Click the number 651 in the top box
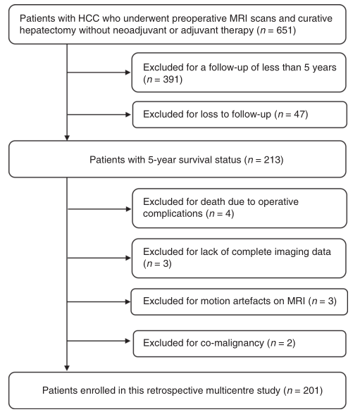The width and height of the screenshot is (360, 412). coord(284,30)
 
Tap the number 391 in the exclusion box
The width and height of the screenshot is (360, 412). coord(170,80)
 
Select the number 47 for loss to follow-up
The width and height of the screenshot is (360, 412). coord(299,114)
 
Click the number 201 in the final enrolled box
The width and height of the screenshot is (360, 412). coord(311,390)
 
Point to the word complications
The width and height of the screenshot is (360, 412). coord(173,213)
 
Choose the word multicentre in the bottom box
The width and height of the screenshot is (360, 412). coord(226,390)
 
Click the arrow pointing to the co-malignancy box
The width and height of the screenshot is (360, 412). coord(99,341)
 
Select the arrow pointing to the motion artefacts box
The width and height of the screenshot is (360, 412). coord(99,301)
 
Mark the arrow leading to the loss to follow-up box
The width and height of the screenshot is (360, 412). coord(99,115)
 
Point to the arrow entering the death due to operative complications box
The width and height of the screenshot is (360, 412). coord(99,209)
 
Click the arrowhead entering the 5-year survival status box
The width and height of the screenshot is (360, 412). coord(67,138)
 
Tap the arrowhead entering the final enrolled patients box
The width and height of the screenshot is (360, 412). coord(67,368)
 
